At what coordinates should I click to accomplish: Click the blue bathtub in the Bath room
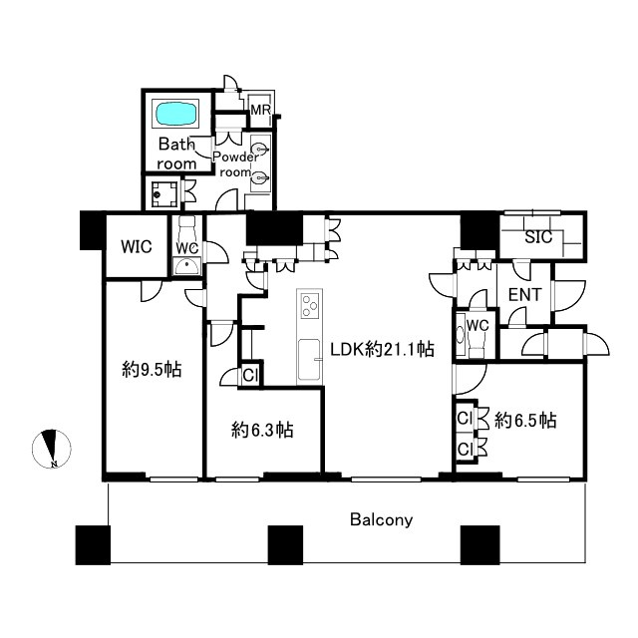click(x=176, y=114)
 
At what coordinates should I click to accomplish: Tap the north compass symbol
click(x=52, y=449)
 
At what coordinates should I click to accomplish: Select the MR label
click(x=260, y=110)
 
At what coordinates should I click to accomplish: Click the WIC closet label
click(x=137, y=246)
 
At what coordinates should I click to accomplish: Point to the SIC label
click(x=538, y=237)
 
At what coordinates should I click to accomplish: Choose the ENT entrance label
click(x=525, y=295)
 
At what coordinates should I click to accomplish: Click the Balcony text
click(x=381, y=519)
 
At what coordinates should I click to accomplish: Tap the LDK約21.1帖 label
click(x=382, y=349)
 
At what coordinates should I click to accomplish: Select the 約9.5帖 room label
click(x=152, y=370)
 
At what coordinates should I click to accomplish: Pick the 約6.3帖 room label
click(x=262, y=430)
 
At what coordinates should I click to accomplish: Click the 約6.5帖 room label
click(x=525, y=420)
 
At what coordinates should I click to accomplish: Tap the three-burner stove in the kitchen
click(x=310, y=305)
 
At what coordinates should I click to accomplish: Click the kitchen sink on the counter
click(x=309, y=360)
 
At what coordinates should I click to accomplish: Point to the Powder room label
click(x=235, y=163)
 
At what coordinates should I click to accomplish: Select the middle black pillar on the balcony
click(x=285, y=545)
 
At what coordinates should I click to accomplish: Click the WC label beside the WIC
click(x=187, y=247)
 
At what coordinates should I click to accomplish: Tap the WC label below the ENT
click(x=478, y=325)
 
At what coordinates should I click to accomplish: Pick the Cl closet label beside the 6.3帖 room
click(x=250, y=375)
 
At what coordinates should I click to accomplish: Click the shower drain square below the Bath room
click(x=164, y=194)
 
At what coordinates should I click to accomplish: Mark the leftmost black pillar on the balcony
click(x=93, y=545)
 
